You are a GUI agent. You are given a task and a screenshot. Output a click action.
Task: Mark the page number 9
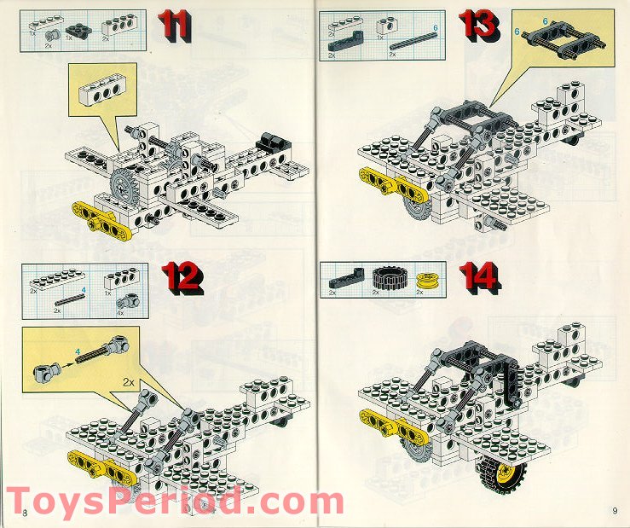tap(613, 510)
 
